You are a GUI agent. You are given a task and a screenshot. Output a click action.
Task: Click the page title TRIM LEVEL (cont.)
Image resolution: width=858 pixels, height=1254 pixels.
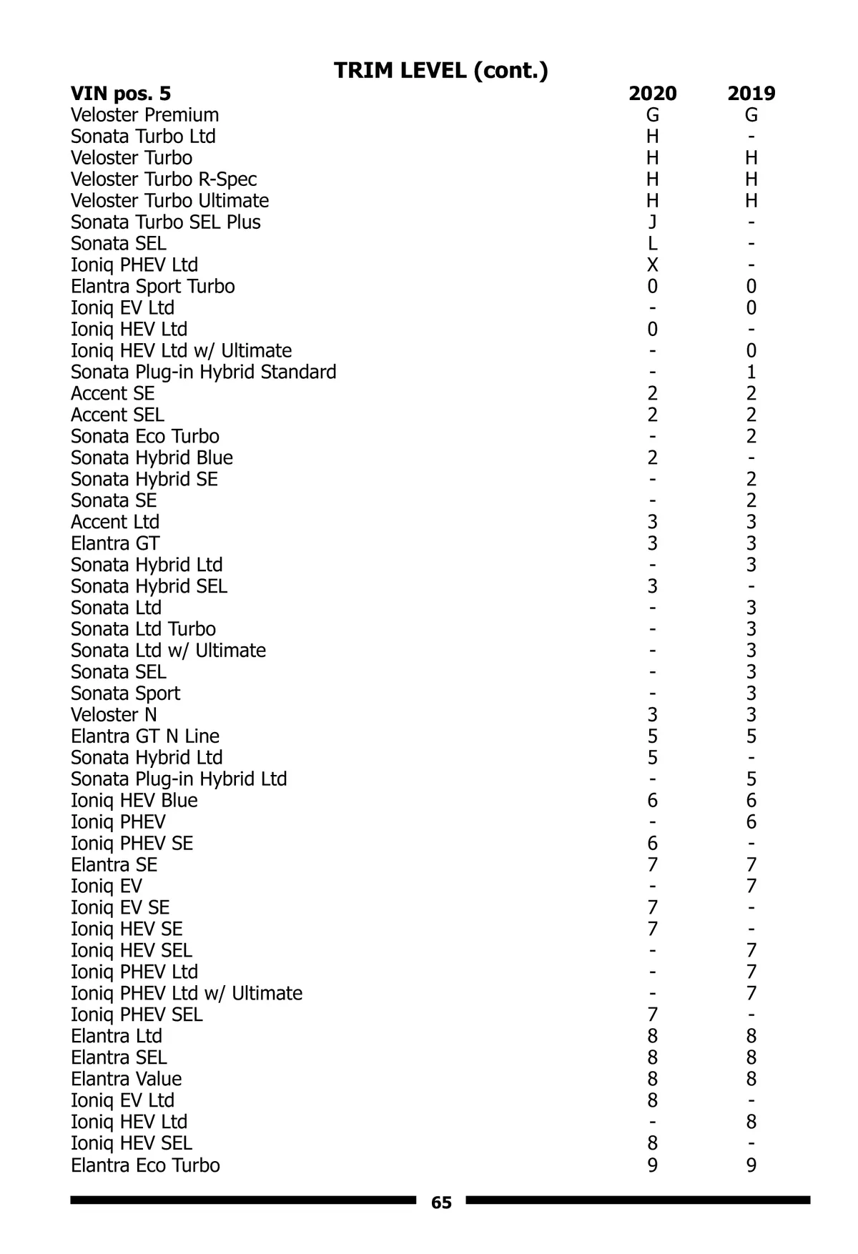(x=441, y=70)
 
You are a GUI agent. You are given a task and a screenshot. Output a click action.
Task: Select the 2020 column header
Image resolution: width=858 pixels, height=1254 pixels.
(x=652, y=94)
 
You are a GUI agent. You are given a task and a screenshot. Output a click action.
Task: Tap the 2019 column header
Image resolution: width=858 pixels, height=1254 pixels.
(x=751, y=94)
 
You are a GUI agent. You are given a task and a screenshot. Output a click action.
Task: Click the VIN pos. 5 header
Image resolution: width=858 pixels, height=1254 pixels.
(x=121, y=94)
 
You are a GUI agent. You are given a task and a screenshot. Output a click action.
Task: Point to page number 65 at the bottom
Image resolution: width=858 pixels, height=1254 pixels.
(x=441, y=1203)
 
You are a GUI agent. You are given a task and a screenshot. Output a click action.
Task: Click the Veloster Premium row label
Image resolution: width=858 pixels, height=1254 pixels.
(x=144, y=115)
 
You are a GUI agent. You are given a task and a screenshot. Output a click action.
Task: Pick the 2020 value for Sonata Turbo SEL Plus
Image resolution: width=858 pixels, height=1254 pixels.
(x=652, y=222)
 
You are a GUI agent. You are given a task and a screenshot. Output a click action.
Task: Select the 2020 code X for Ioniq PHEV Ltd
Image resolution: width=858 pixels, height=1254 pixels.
(x=652, y=265)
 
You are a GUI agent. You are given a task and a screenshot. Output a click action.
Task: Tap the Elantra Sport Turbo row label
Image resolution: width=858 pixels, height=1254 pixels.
(x=152, y=287)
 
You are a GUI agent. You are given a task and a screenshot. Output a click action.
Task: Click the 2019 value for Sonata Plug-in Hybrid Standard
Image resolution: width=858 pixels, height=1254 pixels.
(x=751, y=372)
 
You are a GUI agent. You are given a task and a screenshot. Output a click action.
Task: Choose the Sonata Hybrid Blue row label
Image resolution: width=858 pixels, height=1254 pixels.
(x=152, y=458)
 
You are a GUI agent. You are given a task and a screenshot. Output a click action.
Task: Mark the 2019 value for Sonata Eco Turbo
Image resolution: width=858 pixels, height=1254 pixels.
(x=751, y=436)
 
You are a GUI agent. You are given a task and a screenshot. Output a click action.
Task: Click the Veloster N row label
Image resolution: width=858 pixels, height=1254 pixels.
(x=114, y=715)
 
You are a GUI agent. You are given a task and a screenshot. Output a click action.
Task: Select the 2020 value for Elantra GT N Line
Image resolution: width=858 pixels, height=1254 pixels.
(x=652, y=736)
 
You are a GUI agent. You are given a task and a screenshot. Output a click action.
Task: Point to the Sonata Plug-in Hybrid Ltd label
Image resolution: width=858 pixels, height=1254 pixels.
(x=179, y=779)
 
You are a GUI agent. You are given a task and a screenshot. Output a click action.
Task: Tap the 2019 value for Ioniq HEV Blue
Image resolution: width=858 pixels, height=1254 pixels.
(x=751, y=801)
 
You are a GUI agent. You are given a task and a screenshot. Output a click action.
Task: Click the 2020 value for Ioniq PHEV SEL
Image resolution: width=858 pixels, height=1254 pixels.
(x=652, y=1015)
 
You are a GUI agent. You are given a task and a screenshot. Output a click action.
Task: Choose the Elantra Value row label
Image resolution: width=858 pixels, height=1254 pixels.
(x=126, y=1079)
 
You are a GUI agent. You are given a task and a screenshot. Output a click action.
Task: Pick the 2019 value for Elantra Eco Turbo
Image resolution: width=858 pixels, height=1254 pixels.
(x=751, y=1165)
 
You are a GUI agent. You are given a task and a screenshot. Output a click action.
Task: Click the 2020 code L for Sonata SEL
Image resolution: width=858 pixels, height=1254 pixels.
(x=652, y=244)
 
